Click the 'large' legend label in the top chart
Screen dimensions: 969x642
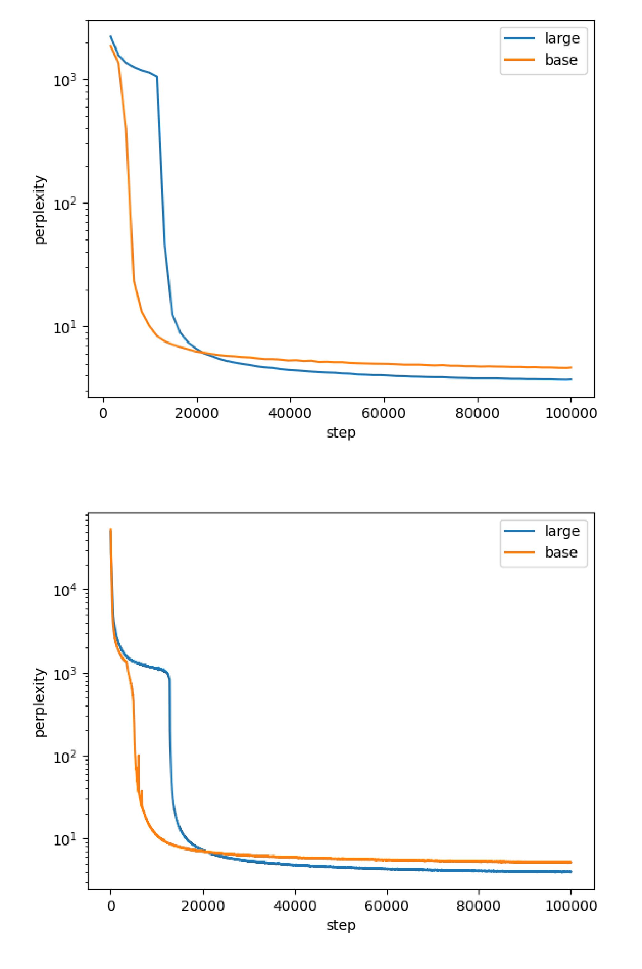pyautogui.click(x=562, y=38)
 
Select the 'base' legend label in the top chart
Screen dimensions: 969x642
pyautogui.click(x=561, y=60)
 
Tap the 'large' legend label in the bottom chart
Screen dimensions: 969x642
pyautogui.click(x=562, y=531)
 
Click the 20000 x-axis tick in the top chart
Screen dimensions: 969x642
pyautogui.click(x=197, y=413)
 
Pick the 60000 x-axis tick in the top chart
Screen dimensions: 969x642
pyautogui.click(x=384, y=413)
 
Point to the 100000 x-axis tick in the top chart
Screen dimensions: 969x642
pyautogui.click(x=571, y=413)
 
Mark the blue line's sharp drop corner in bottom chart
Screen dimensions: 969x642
pyautogui.click(x=169, y=678)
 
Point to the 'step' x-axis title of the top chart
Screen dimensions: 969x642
pyautogui.click(x=341, y=433)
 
